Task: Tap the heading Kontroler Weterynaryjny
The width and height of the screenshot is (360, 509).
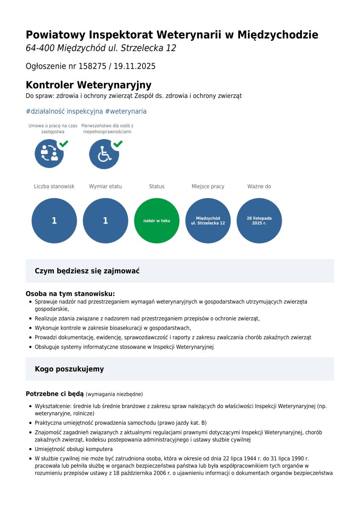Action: [x=88, y=85]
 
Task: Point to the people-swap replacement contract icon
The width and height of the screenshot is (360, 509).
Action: [x=49, y=154]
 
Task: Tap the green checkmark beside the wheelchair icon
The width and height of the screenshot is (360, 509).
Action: [x=118, y=144]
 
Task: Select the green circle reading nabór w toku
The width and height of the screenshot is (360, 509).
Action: [x=156, y=221]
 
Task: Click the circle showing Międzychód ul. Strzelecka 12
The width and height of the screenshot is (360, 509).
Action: [x=208, y=221]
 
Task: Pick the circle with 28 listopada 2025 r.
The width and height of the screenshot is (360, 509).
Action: [x=259, y=221]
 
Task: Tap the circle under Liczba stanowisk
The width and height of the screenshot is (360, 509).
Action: [x=54, y=221]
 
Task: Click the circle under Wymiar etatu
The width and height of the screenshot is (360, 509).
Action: [x=105, y=221]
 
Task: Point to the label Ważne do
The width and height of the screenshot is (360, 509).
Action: [x=259, y=186]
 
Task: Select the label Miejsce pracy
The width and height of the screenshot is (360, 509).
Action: [x=208, y=186]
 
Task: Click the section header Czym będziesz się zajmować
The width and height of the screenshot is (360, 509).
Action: [x=87, y=271]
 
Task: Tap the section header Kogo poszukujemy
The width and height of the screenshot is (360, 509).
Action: [x=69, y=369]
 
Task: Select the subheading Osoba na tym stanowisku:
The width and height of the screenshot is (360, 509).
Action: [x=70, y=294]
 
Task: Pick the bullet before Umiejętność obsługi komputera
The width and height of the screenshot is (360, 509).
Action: [x=31, y=449]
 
